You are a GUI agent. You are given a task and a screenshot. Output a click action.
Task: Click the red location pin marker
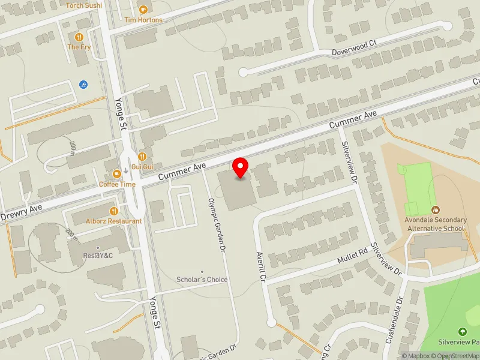241,168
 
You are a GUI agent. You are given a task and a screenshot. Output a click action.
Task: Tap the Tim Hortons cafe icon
143,10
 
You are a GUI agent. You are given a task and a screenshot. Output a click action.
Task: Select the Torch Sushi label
84,5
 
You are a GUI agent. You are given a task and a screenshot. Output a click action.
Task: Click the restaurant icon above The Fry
78,36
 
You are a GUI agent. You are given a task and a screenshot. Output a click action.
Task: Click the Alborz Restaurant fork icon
114,211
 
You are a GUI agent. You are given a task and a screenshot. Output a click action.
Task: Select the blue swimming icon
83,84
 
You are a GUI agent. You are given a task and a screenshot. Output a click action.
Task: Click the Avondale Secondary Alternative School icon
436,211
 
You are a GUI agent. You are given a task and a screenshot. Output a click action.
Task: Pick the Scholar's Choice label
202,280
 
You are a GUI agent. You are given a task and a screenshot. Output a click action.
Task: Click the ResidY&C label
98,256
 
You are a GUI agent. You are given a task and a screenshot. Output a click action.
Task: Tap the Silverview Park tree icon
462,331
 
